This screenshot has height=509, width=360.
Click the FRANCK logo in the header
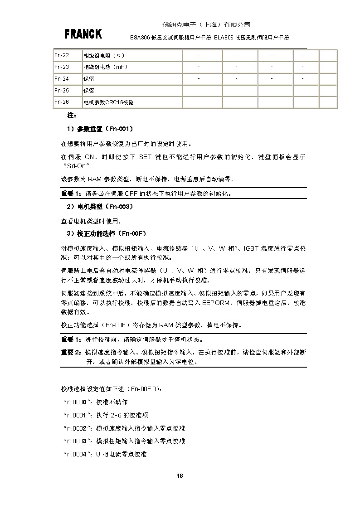tap(83, 34)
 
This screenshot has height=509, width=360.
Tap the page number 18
tap(180, 475)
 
